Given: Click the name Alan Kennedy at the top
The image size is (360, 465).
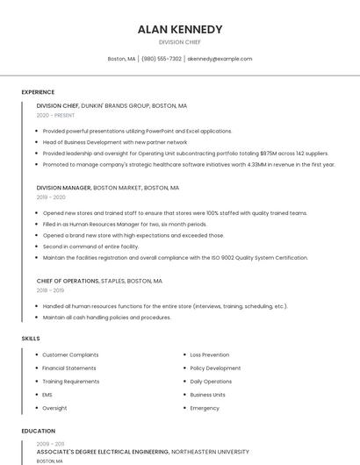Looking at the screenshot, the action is coord(180,30).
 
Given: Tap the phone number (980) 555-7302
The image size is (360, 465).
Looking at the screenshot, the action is coord(162,59).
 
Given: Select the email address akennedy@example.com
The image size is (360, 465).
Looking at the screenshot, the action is coord(220,59).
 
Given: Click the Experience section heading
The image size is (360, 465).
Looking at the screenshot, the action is coord(38,91).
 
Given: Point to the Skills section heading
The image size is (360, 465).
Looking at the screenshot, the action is coord(31,338).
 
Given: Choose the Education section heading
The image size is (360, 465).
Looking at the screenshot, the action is coord(39,431).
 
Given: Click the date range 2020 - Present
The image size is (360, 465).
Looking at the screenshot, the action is coord(55,115).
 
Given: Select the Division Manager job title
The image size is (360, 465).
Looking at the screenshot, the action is coord(63,188).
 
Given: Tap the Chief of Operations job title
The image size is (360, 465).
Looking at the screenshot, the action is coord(68,281).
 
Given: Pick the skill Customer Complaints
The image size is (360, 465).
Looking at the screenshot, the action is coord(70,354).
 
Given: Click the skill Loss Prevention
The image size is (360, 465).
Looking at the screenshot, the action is coord(210,354).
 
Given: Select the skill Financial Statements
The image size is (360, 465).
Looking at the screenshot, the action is coord(69,368).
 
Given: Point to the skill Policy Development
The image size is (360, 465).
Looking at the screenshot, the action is coord(215,368).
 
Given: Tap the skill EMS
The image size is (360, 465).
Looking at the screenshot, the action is coord(47,395).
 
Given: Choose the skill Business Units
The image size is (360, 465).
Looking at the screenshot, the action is coord(207,395).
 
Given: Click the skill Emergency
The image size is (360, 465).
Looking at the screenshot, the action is coord(205,408).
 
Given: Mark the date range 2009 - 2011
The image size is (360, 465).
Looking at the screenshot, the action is coord(50,444).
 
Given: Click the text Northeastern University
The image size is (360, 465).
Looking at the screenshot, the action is coord(210,452).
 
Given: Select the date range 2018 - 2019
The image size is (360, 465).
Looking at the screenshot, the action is coord(50,290).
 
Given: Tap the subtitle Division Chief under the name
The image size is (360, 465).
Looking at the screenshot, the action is coord(180,42).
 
